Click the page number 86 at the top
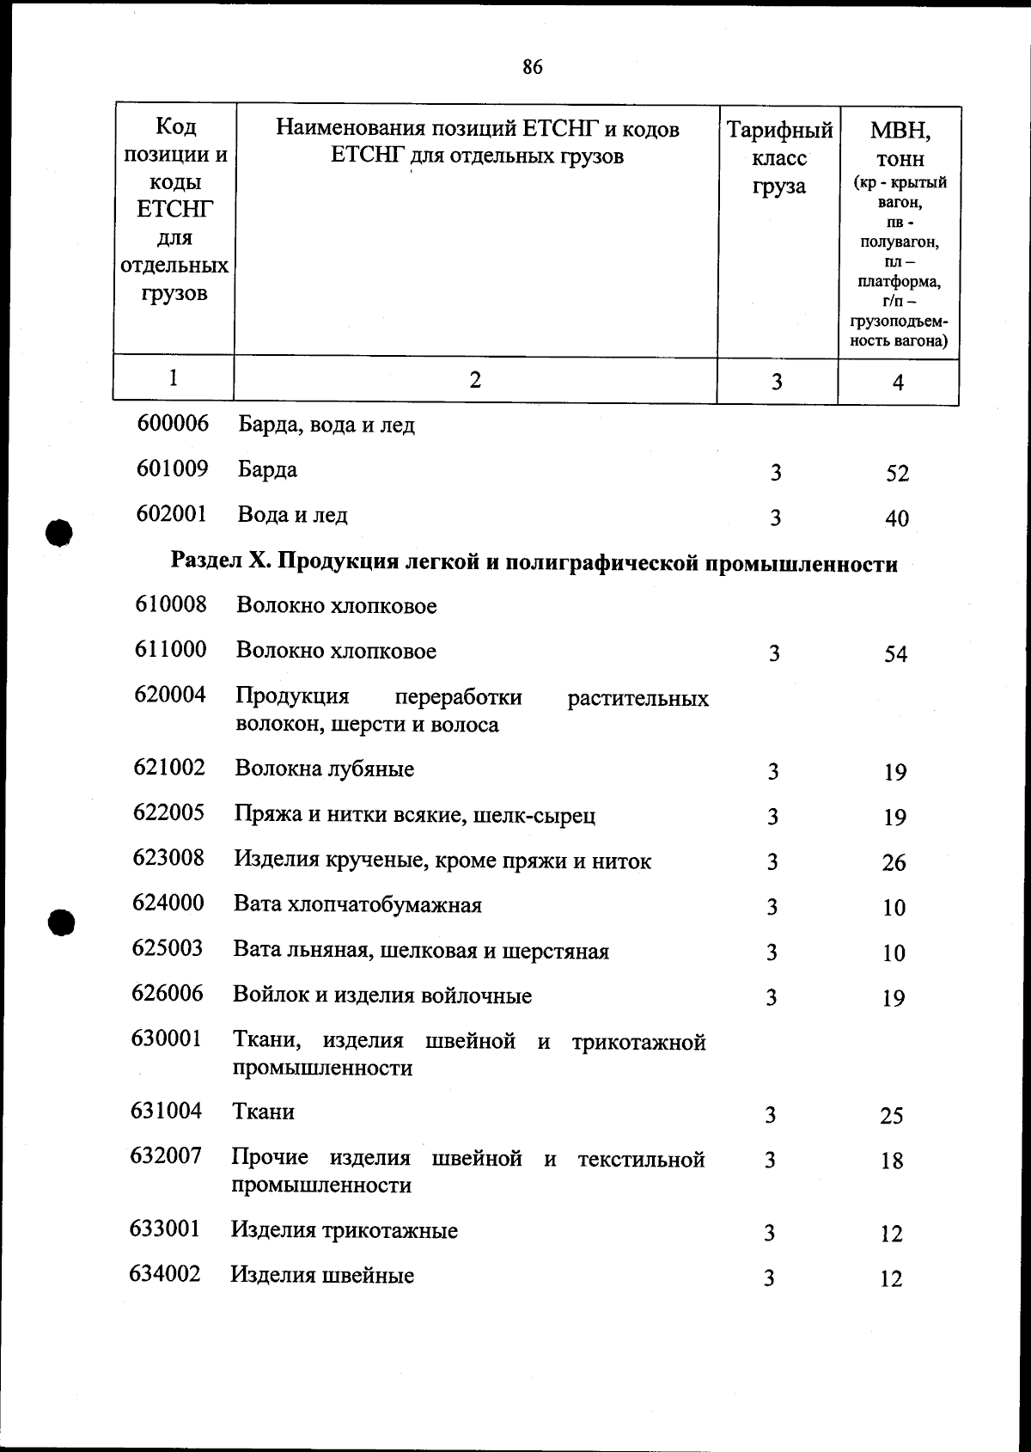point(532,67)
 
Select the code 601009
point(172,469)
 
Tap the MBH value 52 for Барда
point(897,474)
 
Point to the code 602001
point(172,514)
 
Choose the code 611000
point(170,649)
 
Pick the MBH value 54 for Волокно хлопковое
point(895,655)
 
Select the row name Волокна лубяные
point(325,769)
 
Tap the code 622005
point(168,812)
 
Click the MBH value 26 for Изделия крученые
point(894,862)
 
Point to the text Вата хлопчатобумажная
point(357,904)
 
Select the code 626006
point(168,994)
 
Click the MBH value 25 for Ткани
point(892,1116)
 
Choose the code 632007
point(166,1155)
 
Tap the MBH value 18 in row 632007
point(892,1161)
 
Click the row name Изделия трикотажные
point(344,1230)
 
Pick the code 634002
point(165,1273)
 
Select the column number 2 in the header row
point(475,380)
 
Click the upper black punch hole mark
point(58,533)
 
